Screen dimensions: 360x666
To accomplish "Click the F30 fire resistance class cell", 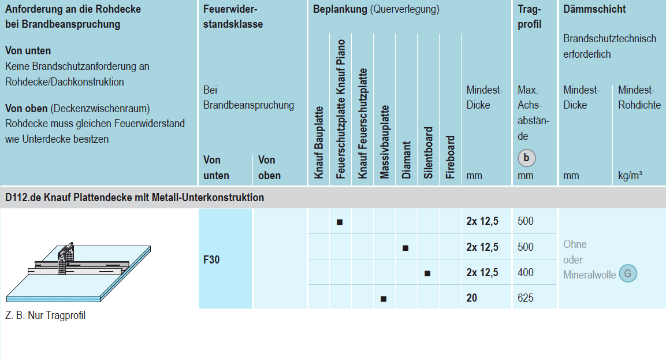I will coord(212,259).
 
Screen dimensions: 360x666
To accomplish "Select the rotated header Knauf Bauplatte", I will coord(319,142).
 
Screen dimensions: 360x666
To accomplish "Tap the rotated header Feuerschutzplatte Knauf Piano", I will coord(341,109).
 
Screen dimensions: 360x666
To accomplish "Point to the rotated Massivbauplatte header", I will coord(385,142).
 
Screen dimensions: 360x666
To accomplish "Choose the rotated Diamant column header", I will coord(407,160).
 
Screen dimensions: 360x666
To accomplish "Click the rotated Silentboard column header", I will coord(429,153).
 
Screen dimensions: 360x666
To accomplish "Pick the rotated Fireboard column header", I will coord(451,157).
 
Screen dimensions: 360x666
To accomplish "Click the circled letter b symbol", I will coord(526,158).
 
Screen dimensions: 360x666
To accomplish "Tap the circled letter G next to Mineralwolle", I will coord(627,273).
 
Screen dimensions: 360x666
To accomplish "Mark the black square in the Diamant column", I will coord(405,248).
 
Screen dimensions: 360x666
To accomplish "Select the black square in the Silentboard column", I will coord(427,273).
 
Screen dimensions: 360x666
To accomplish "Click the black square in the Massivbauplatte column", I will coord(384,299).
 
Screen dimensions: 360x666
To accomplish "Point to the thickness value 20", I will coord(472,298).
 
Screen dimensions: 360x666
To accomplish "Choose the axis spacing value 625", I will coord(526,298).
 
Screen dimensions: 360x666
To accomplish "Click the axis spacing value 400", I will coord(526,273).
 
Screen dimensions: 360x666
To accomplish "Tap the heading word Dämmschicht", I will coord(594,9).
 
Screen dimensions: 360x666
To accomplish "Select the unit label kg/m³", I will coord(630,176).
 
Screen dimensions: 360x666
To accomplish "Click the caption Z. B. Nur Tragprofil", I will coord(45,316).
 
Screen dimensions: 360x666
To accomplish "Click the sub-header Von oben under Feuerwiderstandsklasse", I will coord(269,168).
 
